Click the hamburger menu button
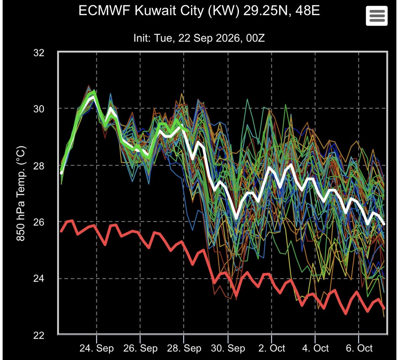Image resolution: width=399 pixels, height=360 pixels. [x=377, y=16]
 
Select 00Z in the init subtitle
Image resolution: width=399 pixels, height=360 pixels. [x=255, y=38]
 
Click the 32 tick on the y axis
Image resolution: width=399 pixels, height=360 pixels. [x=39, y=53]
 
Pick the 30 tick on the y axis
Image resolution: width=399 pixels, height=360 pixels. [x=39, y=109]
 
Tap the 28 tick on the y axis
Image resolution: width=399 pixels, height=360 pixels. [x=39, y=166]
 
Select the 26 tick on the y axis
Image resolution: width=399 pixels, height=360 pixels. [x=39, y=222]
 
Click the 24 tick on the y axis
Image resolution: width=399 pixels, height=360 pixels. [x=39, y=278]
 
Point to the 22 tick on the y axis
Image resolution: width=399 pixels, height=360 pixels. [x=39, y=335]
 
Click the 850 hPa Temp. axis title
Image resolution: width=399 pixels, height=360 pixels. [x=21, y=194]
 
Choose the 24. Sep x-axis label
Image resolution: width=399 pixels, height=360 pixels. [x=97, y=348]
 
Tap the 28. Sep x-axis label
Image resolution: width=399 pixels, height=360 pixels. [x=184, y=348]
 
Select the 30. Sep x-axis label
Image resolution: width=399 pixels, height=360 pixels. [x=228, y=348]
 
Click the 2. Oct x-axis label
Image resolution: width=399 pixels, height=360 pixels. [x=272, y=348]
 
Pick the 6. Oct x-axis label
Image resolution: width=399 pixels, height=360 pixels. [x=359, y=348]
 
